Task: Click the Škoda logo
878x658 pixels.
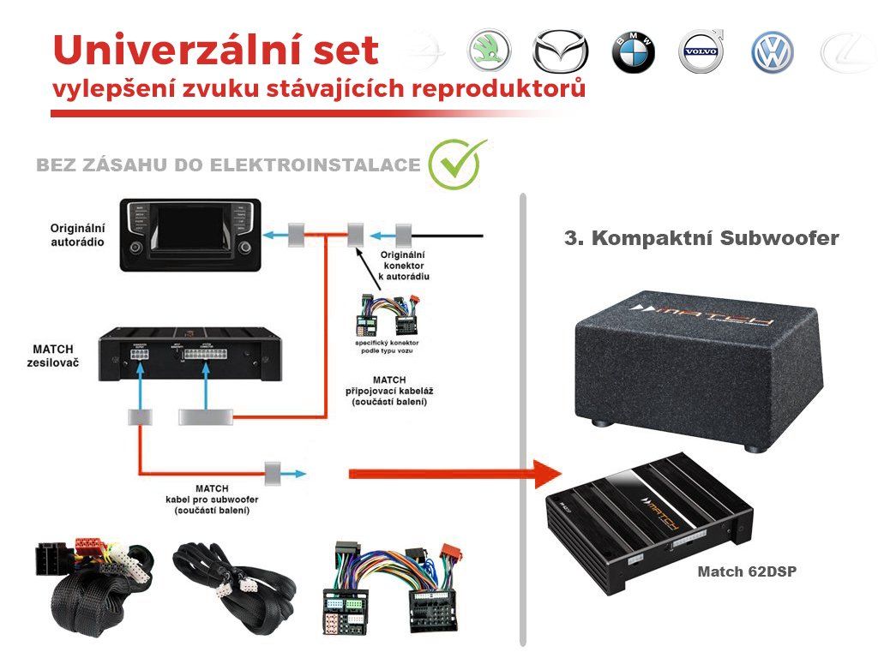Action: [489, 51]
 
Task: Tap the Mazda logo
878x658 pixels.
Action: [561, 52]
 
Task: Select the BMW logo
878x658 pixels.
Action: [633, 53]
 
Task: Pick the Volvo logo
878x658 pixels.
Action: [702, 52]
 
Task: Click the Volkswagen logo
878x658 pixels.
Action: [773, 53]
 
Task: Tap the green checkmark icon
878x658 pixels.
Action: [455, 164]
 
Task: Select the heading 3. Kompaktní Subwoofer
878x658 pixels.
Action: [701, 238]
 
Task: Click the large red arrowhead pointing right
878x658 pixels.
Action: [542, 473]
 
